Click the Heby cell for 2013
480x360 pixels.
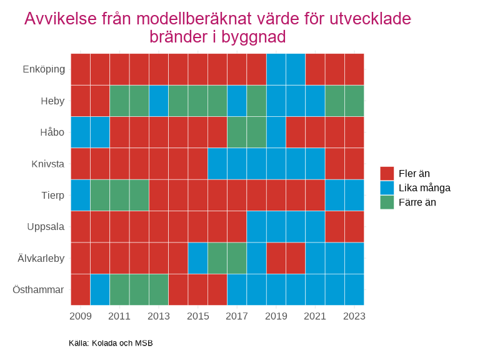click(x=159, y=101)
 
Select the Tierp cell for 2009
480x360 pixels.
click(x=81, y=195)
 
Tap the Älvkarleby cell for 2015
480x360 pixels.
click(x=197, y=258)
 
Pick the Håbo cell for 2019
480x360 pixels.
click(x=276, y=132)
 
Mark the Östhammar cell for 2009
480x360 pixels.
click(x=81, y=289)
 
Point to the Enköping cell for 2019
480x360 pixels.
click(x=276, y=69)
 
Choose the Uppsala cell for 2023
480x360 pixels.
click(x=354, y=226)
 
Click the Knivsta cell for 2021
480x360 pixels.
click(x=315, y=164)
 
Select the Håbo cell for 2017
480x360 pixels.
click(x=237, y=132)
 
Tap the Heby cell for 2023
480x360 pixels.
click(x=354, y=101)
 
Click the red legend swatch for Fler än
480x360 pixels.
click(x=387, y=174)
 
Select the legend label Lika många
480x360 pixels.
click(x=424, y=188)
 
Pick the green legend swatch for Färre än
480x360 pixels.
click(x=387, y=202)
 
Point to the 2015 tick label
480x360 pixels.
click(x=197, y=316)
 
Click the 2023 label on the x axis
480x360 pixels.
click(x=354, y=316)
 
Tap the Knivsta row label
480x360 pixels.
click(x=48, y=164)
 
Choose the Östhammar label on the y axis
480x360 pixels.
click(x=39, y=289)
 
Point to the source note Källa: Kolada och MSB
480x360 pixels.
click(x=111, y=343)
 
